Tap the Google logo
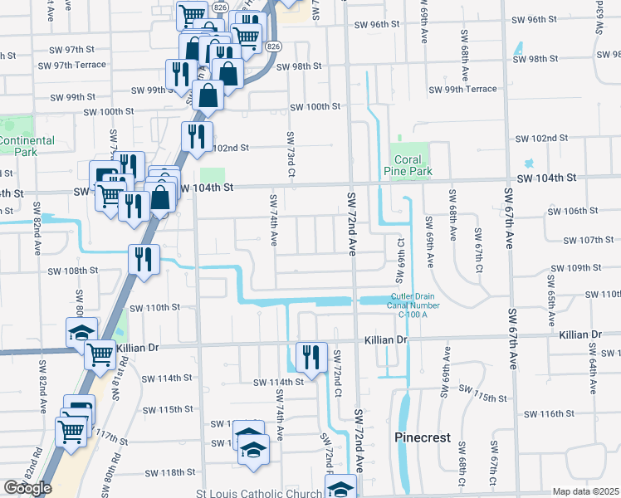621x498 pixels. [27, 488]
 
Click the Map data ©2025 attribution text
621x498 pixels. [585, 491]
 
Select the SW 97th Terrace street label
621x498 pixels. [78, 65]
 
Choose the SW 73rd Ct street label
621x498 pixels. [291, 154]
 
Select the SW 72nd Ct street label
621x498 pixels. [338, 372]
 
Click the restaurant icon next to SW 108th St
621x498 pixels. [144, 260]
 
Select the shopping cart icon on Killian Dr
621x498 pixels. [101, 354]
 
